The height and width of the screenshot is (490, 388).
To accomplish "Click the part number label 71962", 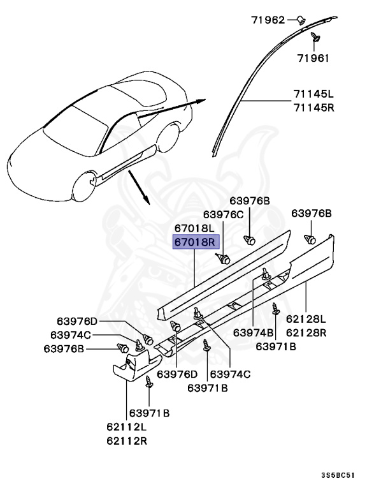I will pyautogui.click(x=268, y=20).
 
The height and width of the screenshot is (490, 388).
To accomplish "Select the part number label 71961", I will pyautogui.click(x=312, y=58).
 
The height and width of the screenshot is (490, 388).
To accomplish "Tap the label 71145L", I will pyautogui.click(x=313, y=94).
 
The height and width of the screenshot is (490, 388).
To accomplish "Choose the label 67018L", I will pyautogui.click(x=196, y=228).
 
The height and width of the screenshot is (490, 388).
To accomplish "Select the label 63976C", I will pyautogui.click(x=224, y=214).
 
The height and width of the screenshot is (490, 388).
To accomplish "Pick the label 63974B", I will pyautogui.click(x=253, y=332).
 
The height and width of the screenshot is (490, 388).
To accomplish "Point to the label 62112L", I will pyautogui.click(x=126, y=427).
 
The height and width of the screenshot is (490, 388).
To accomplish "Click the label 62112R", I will pyautogui.click(x=126, y=440).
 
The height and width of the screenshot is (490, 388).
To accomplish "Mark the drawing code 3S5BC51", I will pyautogui.click(x=338, y=475).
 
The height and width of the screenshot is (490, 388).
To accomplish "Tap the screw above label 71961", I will pyautogui.click(x=315, y=39).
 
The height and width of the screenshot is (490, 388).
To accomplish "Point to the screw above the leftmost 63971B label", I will pyautogui.click(x=148, y=383).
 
